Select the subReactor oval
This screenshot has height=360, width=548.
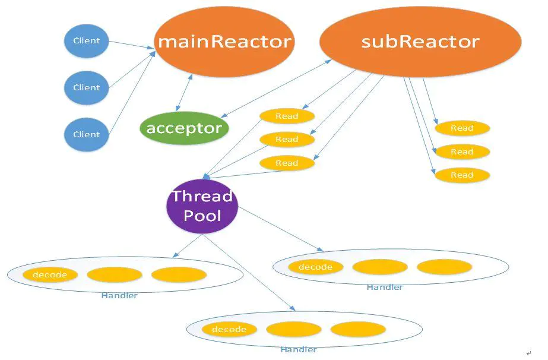coord(420,42)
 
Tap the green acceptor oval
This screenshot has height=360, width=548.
coord(184,128)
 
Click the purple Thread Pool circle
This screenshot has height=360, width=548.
coord(202,206)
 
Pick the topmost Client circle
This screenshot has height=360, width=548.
coord(87,41)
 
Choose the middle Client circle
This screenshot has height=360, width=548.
coord(87,87)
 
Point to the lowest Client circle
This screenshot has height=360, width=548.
coord(87,134)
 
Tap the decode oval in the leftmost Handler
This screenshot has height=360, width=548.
coord(50,275)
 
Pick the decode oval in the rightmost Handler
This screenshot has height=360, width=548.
coord(315,267)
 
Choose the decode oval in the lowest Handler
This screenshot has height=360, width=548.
coord(229,329)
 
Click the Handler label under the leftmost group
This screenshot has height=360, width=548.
coord(119,296)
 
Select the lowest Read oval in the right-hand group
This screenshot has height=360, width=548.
coord(462,175)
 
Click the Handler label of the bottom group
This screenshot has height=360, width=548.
coord(299,350)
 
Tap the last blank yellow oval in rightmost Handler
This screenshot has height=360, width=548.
coord(444,267)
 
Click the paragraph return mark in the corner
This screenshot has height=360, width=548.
coord(528,352)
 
